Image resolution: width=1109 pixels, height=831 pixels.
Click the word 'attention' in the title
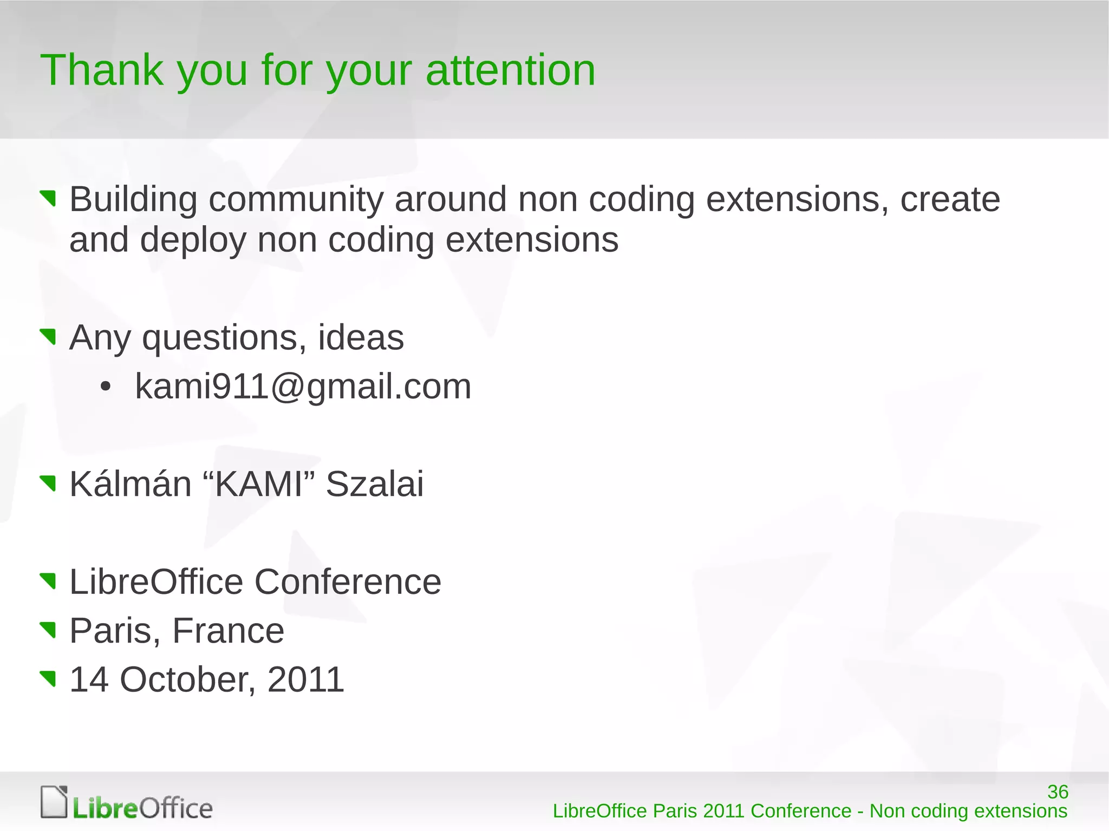coord(510,70)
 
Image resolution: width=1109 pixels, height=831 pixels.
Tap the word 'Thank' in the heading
coord(101,70)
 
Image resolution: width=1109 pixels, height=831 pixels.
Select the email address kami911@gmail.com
coord(303,387)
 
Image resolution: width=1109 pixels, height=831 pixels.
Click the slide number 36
coord(1057,791)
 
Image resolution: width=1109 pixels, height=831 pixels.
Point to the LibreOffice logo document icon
coord(54,802)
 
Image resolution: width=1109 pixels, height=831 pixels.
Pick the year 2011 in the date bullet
coord(305,679)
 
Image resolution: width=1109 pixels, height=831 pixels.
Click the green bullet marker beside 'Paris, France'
coord(48,630)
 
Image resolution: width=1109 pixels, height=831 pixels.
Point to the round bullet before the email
coord(106,387)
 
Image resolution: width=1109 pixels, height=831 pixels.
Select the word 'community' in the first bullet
coord(296,200)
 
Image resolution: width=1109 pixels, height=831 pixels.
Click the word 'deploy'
coord(193,240)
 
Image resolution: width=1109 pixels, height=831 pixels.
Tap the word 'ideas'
coord(361,337)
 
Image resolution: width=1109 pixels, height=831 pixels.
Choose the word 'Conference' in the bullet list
coord(348,582)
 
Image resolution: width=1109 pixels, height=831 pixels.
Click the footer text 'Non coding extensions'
coord(968,811)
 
